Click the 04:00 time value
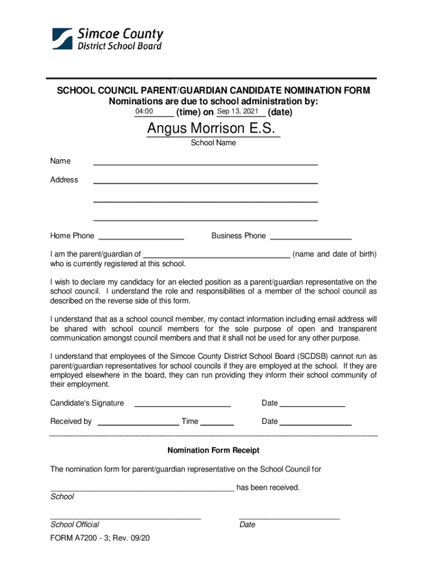pyautogui.click(x=144, y=112)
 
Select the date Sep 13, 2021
pyautogui.click(x=237, y=112)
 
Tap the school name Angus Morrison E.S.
pyautogui.click(x=211, y=129)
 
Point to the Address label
pyautogui.click(x=64, y=180)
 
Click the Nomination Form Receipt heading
pyautogui.click(x=213, y=450)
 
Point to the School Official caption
pyautogui.click(x=75, y=524)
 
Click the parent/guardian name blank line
pyautogui.click(x=216, y=256)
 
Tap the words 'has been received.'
pyautogui.click(x=268, y=488)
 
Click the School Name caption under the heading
pyautogui.click(x=213, y=143)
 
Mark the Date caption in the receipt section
pyautogui.click(x=247, y=524)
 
